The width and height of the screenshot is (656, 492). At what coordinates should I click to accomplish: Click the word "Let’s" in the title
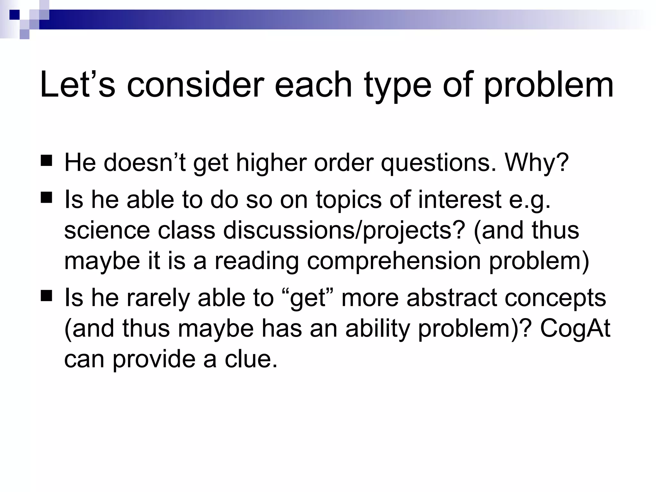click(77, 85)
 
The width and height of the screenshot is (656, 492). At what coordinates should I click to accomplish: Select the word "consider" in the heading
click(195, 85)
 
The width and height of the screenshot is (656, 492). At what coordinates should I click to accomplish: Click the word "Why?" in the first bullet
click(537, 162)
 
